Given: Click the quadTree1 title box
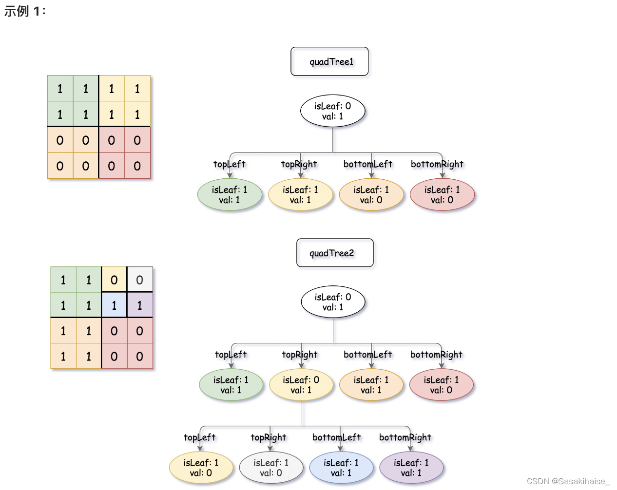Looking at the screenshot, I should (x=329, y=61).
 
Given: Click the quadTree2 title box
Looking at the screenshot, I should (x=335, y=253).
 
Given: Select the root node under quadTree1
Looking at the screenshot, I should (x=333, y=111).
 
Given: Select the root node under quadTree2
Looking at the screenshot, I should (x=333, y=302).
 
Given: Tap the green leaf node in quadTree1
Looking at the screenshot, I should (x=230, y=195).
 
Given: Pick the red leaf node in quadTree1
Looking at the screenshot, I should (x=442, y=195).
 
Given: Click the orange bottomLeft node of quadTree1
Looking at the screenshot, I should (x=371, y=195).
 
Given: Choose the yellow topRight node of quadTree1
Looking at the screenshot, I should (x=300, y=195).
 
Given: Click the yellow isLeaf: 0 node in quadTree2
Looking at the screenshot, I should (x=301, y=385).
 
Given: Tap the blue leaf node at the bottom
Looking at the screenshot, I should (x=341, y=468).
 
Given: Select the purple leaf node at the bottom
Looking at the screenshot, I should (x=411, y=468).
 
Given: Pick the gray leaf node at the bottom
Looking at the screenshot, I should (x=271, y=468).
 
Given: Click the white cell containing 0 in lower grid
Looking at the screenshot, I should (x=140, y=280).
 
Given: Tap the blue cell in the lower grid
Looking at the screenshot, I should (x=114, y=305).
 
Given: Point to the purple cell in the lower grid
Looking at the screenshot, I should (x=140, y=305).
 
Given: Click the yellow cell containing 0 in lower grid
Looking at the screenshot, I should (x=114, y=280).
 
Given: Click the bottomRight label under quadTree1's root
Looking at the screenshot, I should (x=437, y=164).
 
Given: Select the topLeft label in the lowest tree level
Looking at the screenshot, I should (x=199, y=437).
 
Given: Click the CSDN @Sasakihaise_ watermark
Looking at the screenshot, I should (x=568, y=481).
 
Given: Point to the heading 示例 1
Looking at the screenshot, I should (x=25, y=11).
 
